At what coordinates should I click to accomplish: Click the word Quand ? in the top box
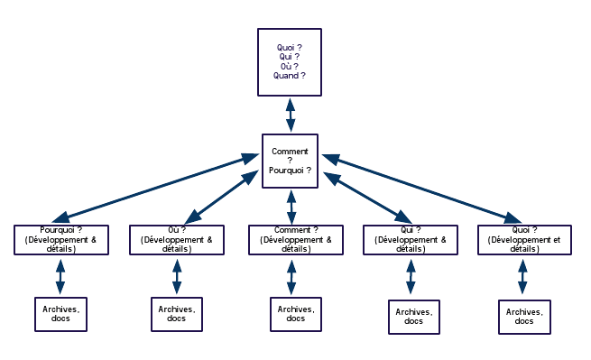[x=290, y=76]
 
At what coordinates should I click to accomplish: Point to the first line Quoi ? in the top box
[x=290, y=46]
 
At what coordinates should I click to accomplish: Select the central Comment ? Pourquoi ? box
[x=291, y=161]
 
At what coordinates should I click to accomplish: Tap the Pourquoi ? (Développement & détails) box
[x=61, y=239]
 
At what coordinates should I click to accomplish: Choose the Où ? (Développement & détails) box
[x=177, y=239]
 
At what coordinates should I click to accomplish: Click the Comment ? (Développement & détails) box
[x=291, y=239]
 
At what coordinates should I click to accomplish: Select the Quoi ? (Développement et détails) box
[x=523, y=239]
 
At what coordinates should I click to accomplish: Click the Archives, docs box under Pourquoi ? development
[x=60, y=313]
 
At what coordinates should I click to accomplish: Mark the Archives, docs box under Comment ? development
[x=295, y=313]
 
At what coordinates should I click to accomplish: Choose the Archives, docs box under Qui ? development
[x=413, y=316]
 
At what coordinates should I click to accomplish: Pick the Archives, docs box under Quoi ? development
[x=524, y=316]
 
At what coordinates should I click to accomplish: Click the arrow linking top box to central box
[x=291, y=115]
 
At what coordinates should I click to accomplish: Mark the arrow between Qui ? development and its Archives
[x=411, y=277]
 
